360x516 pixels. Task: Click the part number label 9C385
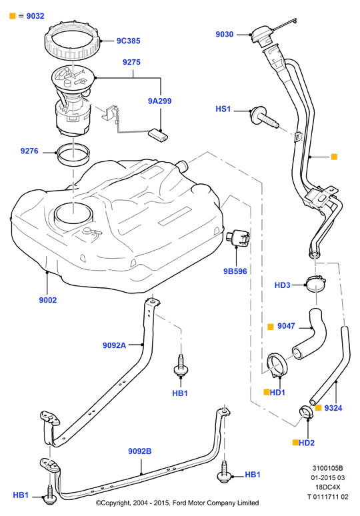(x=129, y=41)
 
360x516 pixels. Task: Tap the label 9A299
(x=159, y=101)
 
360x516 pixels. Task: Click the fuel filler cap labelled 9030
(x=262, y=35)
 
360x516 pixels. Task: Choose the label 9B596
(x=235, y=271)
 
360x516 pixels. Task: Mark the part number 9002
(x=48, y=300)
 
